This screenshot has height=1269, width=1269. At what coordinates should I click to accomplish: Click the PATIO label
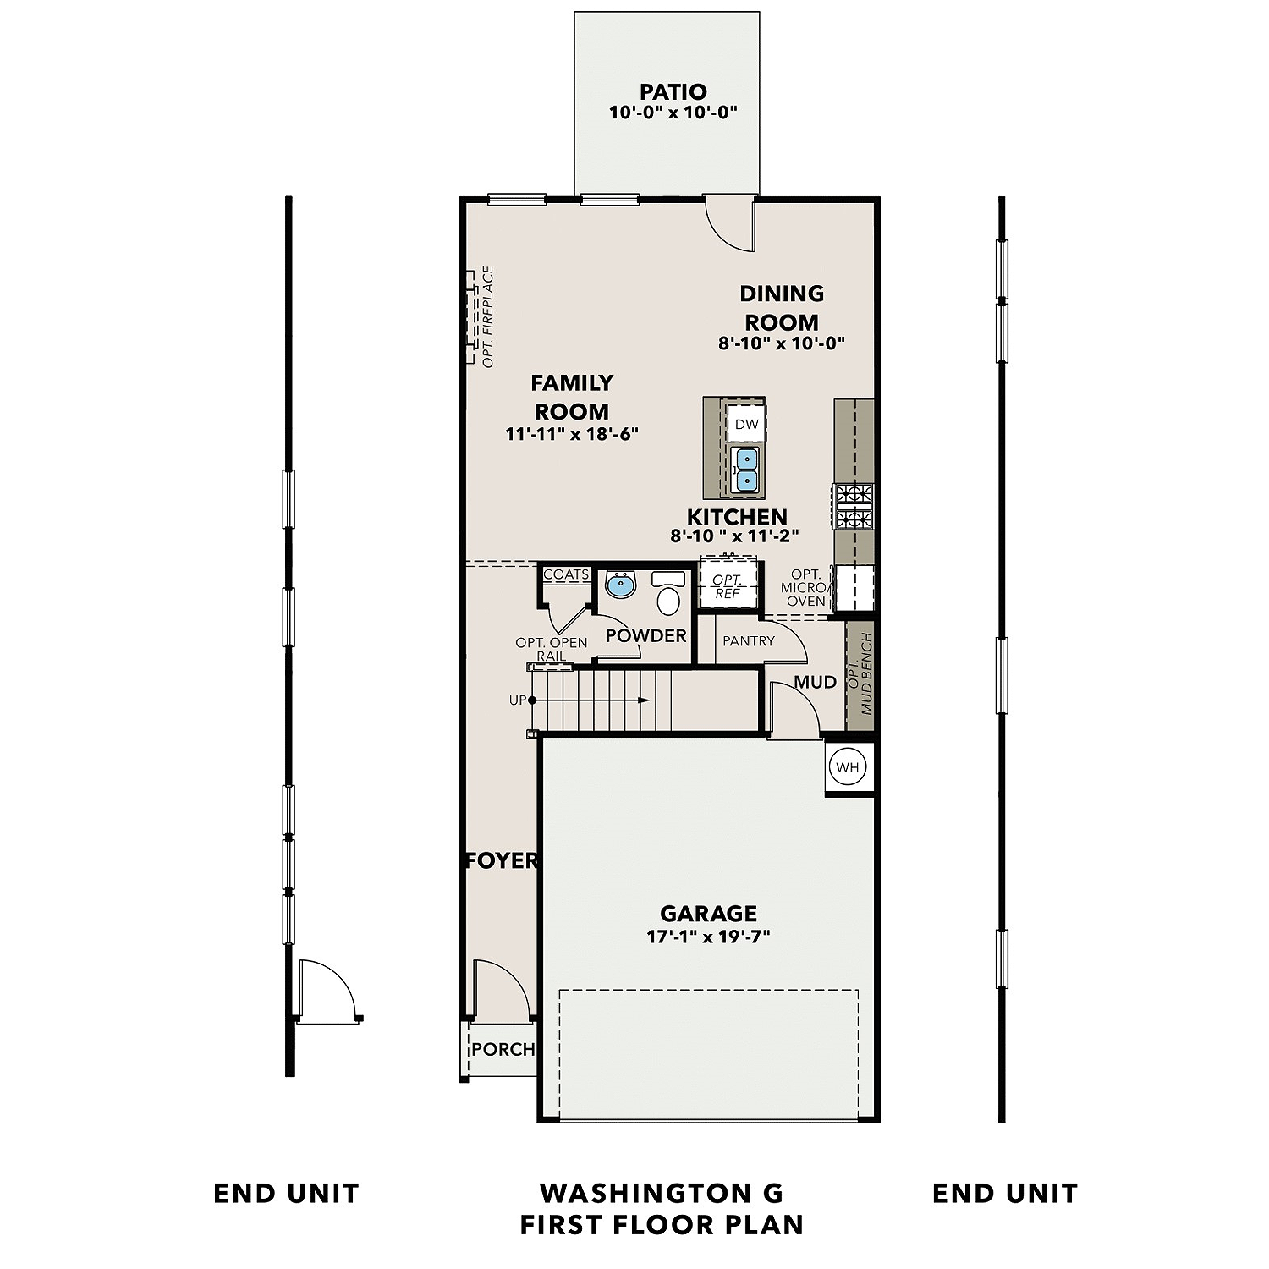(673, 91)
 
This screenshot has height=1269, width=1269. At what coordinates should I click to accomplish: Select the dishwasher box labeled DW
(746, 424)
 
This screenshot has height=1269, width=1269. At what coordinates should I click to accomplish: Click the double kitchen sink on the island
(746, 470)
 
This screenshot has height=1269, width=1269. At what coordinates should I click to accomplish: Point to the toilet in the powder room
(668, 596)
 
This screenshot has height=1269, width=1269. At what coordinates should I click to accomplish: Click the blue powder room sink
(621, 585)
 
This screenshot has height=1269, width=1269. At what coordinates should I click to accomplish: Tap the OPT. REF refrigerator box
(727, 585)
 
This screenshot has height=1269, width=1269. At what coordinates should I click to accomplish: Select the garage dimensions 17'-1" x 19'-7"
(708, 937)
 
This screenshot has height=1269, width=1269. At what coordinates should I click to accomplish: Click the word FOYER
(502, 860)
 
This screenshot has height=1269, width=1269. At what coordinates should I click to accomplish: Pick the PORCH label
(503, 1049)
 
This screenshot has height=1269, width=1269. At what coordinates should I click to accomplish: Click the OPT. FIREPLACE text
(488, 317)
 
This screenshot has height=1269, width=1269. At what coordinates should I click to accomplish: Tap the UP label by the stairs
(517, 700)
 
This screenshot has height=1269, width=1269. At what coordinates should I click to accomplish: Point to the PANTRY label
(748, 641)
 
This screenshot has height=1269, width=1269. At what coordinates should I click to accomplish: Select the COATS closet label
(565, 574)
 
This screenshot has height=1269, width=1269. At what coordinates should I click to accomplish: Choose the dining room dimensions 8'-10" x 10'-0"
(782, 343)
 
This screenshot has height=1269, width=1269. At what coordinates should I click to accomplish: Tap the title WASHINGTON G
(662, 1193)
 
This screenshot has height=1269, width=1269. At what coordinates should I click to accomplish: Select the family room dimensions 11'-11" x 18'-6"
(572, 434)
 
